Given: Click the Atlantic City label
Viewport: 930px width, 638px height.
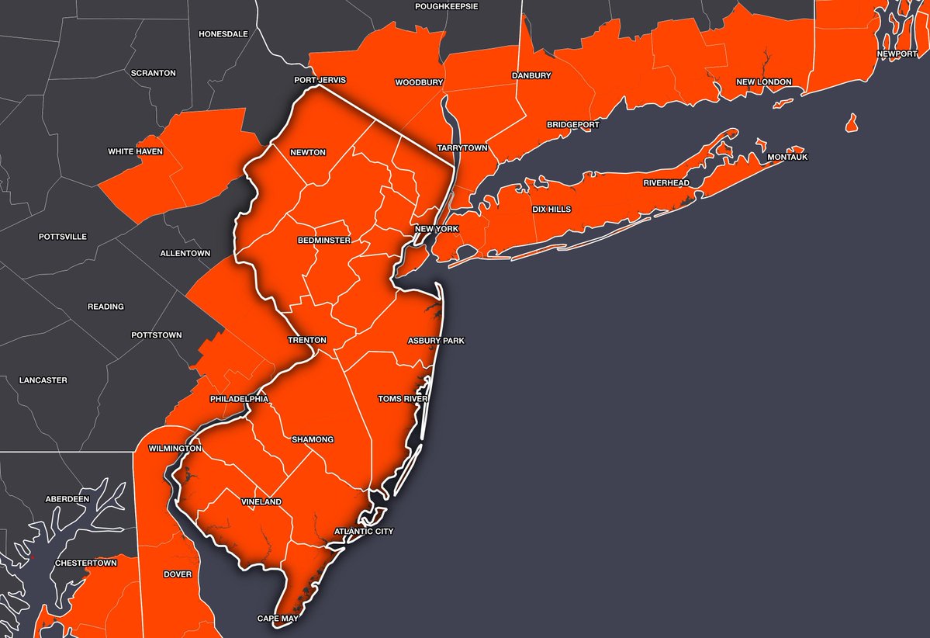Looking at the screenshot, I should coord(364,532).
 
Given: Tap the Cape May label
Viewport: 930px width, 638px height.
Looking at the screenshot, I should coord(278,619).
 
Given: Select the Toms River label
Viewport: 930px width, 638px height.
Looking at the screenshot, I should coord(403,399).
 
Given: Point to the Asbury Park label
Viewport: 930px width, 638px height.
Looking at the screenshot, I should coord(436,341).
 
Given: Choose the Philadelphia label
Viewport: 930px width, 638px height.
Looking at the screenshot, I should coord(239,399).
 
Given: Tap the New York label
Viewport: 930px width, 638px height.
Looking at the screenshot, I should coord(437,229).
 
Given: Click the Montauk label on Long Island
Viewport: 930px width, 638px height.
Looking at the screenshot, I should coord(787,158).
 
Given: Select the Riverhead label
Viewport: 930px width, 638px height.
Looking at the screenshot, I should coord(666,183).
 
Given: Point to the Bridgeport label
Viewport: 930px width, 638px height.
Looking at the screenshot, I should coord(573,124).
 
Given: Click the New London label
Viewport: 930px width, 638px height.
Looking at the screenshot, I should coord(764,81).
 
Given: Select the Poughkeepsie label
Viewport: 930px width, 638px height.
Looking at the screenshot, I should coord(447,6).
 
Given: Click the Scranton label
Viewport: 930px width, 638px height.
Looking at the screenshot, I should coord(154,73).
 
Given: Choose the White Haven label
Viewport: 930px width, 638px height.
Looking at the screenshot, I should coord(135,151).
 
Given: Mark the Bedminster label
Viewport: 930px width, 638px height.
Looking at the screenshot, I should coord(324,241).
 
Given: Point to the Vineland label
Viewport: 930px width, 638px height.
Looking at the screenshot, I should coord(261,502).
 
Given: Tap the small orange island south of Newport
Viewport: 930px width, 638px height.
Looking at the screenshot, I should coord(852,123).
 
